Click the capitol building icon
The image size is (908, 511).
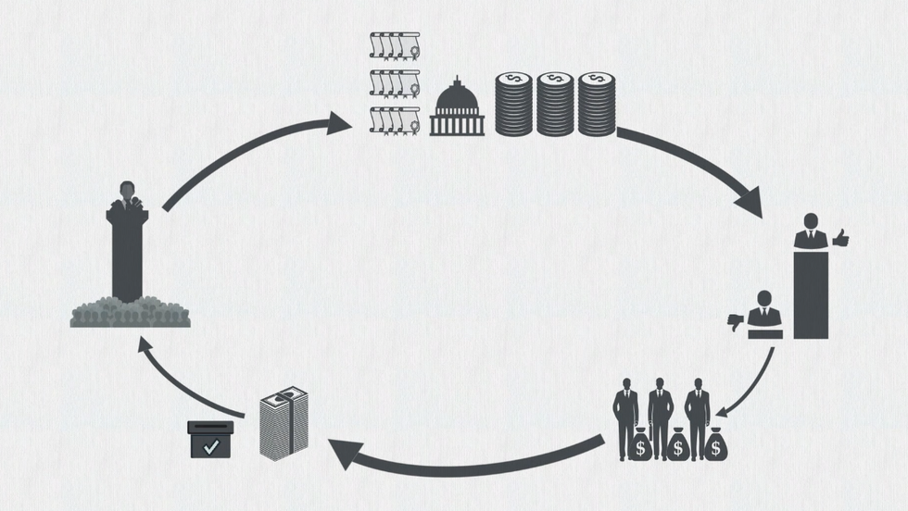(457, 107)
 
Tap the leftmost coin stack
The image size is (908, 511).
(512, 104)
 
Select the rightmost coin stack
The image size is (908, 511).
(597, 104)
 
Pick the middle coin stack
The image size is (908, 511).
(555, 104)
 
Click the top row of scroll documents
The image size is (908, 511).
(394, 44)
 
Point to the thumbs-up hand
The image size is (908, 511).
(841, 240)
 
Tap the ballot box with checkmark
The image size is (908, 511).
(210, 439)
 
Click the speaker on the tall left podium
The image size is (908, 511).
(127, 194)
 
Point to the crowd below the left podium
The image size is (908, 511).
(130, 313)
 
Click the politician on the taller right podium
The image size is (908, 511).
(811, 231)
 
